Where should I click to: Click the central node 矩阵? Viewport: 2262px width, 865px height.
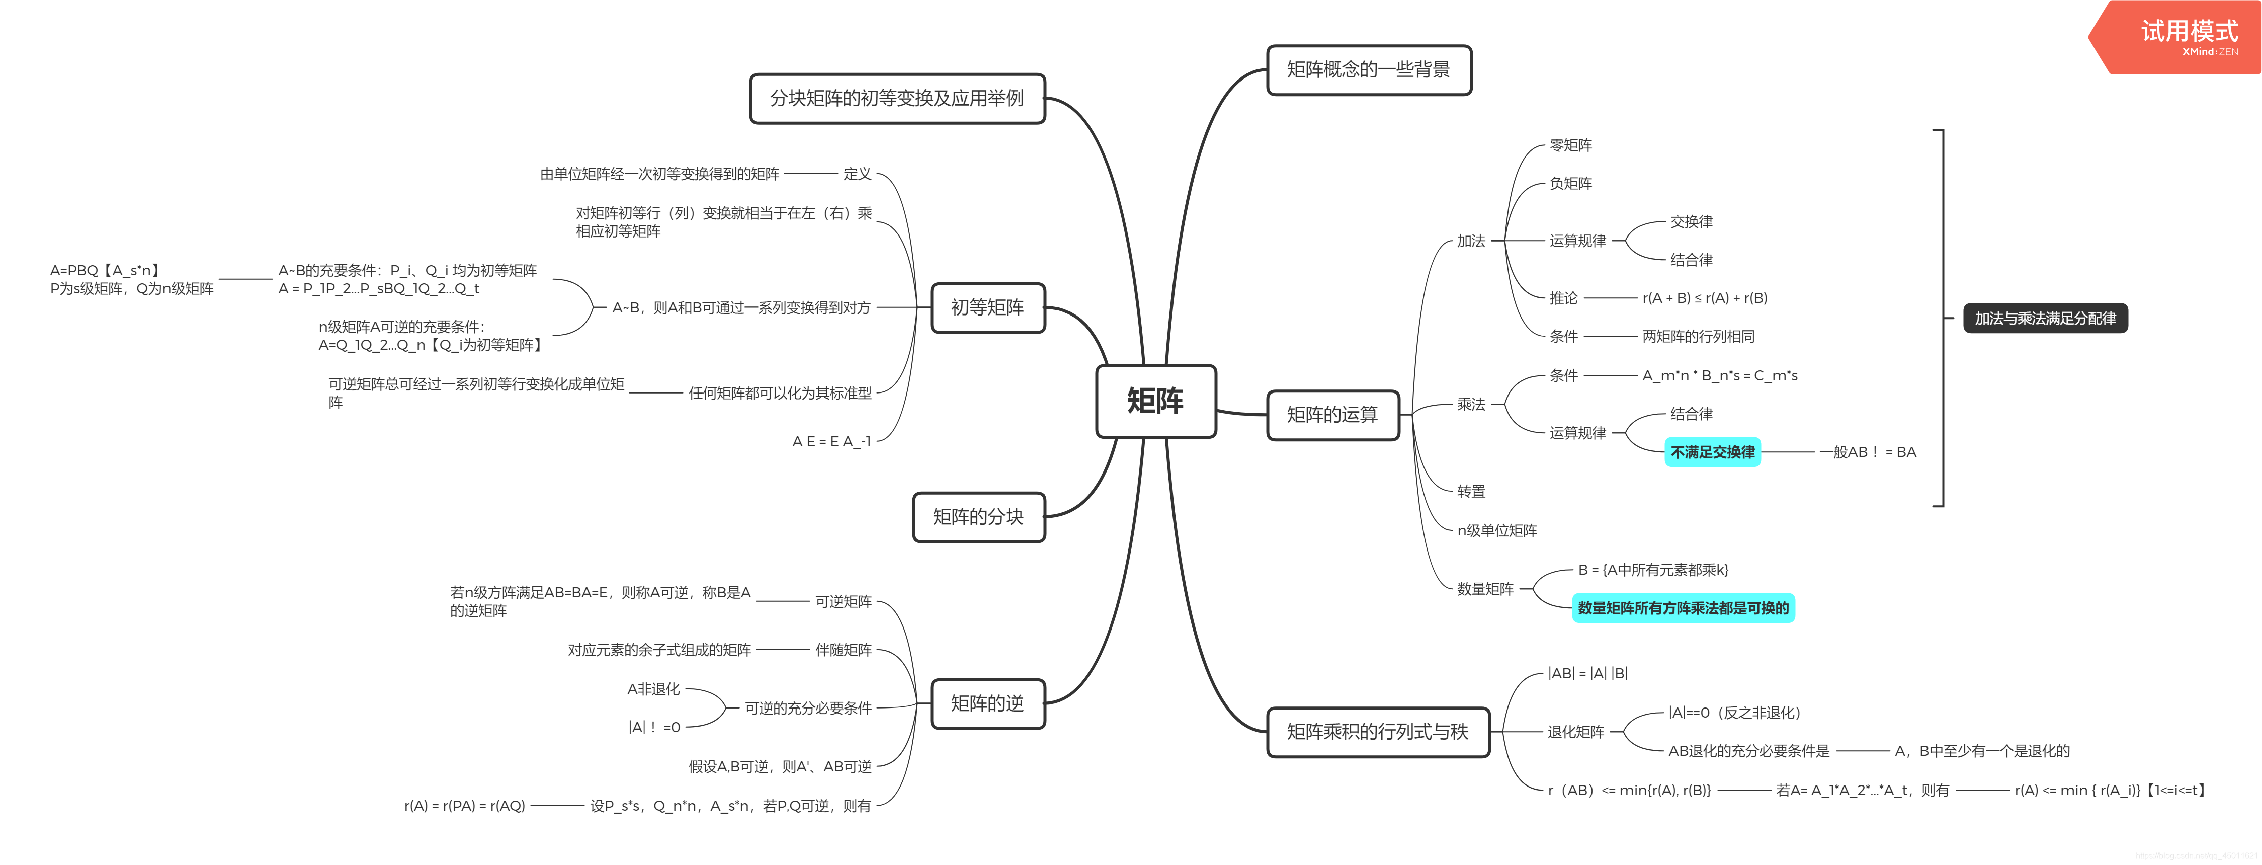1155,402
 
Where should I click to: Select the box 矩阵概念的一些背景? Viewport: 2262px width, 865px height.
1368,70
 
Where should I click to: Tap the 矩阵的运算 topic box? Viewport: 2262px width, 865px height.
1332,415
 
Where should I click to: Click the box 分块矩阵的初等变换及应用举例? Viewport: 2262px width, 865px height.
896,98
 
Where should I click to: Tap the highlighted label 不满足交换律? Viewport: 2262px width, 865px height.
1712,452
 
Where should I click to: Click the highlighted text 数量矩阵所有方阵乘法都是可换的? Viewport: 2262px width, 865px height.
1683,608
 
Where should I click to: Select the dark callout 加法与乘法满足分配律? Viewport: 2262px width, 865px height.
2045,318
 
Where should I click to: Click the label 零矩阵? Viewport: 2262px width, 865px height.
1570,145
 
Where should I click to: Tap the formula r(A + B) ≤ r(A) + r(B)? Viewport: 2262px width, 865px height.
1704,298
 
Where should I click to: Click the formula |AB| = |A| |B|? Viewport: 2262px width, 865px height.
1587,674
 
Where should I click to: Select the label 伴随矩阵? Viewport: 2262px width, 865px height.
843,650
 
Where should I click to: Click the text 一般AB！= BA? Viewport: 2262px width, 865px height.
1868,452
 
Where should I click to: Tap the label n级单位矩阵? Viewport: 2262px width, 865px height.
1496,530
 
